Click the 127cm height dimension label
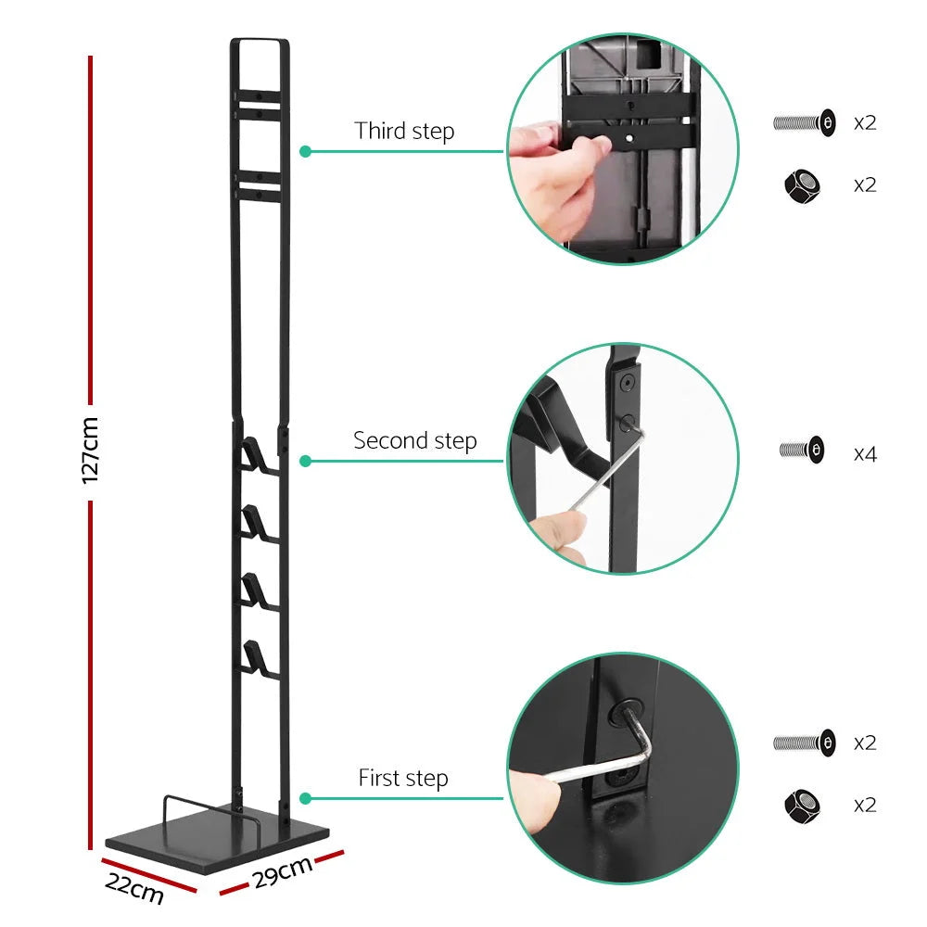pyautogui.click(x=90, y=451)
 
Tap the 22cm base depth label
pyautogui.click(x=134, y=888)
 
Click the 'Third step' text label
pyautogui.click(x=404, y=131)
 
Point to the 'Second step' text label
pyautogui.click(x=414, y=440)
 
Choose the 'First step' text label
pyautogui.click(x=403, y=779)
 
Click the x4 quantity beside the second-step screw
pyautogui.click(x=865, y=453)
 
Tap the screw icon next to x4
pyautogui.click(x=802, y=451)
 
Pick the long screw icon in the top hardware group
pyautogui.click(x=804, y=121)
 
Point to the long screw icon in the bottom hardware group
pyautogui.click(x=804, y=742)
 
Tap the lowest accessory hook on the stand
pyautogui.click(x=255, y=657)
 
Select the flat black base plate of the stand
pyautogui.click(x=218, y=839)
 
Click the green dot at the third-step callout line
pyautogui.click(x=304, y=151)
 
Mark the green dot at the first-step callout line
pyautogui.click(x=304, y=798)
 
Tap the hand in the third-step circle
pyautogui.click(x=556, y=167)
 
